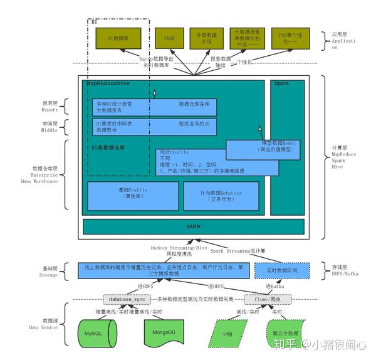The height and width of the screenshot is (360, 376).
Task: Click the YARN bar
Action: [x=193, y=226]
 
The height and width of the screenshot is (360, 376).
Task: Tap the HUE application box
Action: [x=169, y=39]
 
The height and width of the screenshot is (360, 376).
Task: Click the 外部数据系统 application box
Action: [x=207, y=39]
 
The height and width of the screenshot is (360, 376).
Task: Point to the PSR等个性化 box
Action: [x=287, y=39]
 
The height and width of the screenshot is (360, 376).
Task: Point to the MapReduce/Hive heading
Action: [x=107, y=83]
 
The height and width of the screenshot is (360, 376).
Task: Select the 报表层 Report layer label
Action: [x=50, y=107]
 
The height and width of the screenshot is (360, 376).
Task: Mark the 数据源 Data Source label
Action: [x=50, y=323]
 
